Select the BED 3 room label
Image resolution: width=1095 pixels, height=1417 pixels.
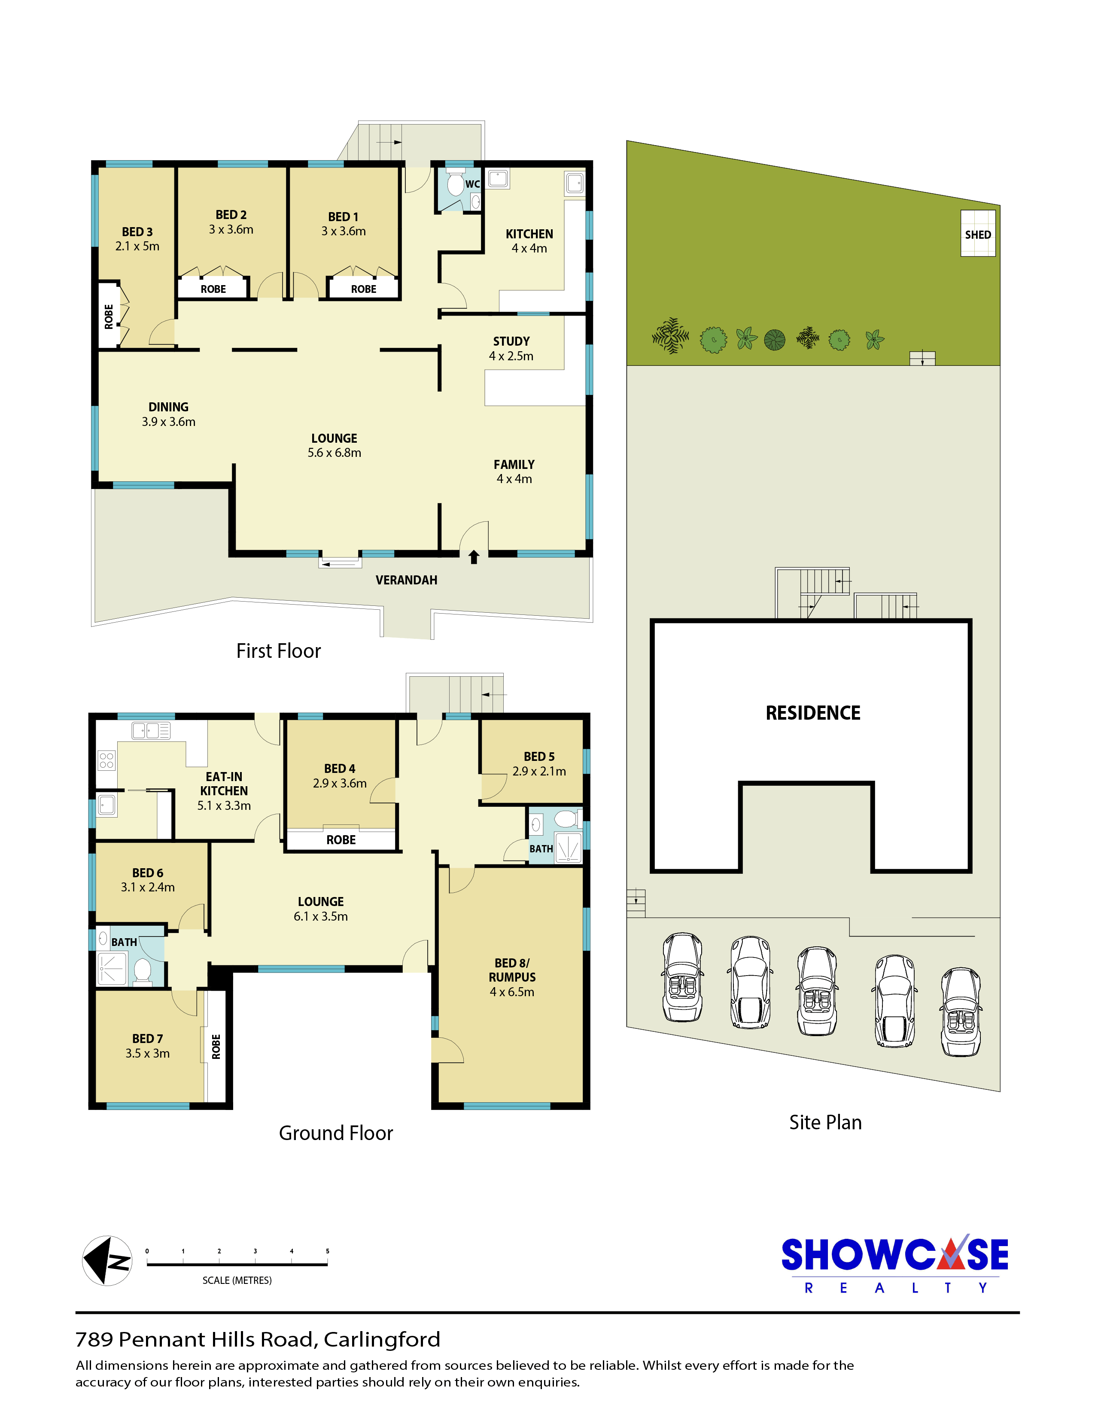point(137,239)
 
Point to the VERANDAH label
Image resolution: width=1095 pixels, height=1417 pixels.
point(406,580)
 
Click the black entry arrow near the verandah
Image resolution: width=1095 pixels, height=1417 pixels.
point(474,556)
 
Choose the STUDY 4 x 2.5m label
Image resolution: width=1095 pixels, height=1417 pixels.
point(511,348)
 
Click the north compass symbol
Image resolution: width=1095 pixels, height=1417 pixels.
point(107,1261)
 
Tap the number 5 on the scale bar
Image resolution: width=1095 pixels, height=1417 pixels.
point(328,1251)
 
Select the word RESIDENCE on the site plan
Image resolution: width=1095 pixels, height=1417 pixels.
point(813,713)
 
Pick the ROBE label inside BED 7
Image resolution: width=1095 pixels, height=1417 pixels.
point(216,1046)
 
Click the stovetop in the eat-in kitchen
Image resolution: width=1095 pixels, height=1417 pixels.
point(106,760)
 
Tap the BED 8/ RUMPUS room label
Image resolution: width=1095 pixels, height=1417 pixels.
point(512,977)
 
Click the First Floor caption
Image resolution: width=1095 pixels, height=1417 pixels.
point(278,651)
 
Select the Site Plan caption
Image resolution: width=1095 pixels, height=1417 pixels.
point(825,1122)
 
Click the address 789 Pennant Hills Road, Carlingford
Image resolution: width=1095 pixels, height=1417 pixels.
point(258,1339)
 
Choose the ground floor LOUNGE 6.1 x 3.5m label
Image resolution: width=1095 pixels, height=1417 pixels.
point(320,909)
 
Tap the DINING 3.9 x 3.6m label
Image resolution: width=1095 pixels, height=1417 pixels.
point(169,414)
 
